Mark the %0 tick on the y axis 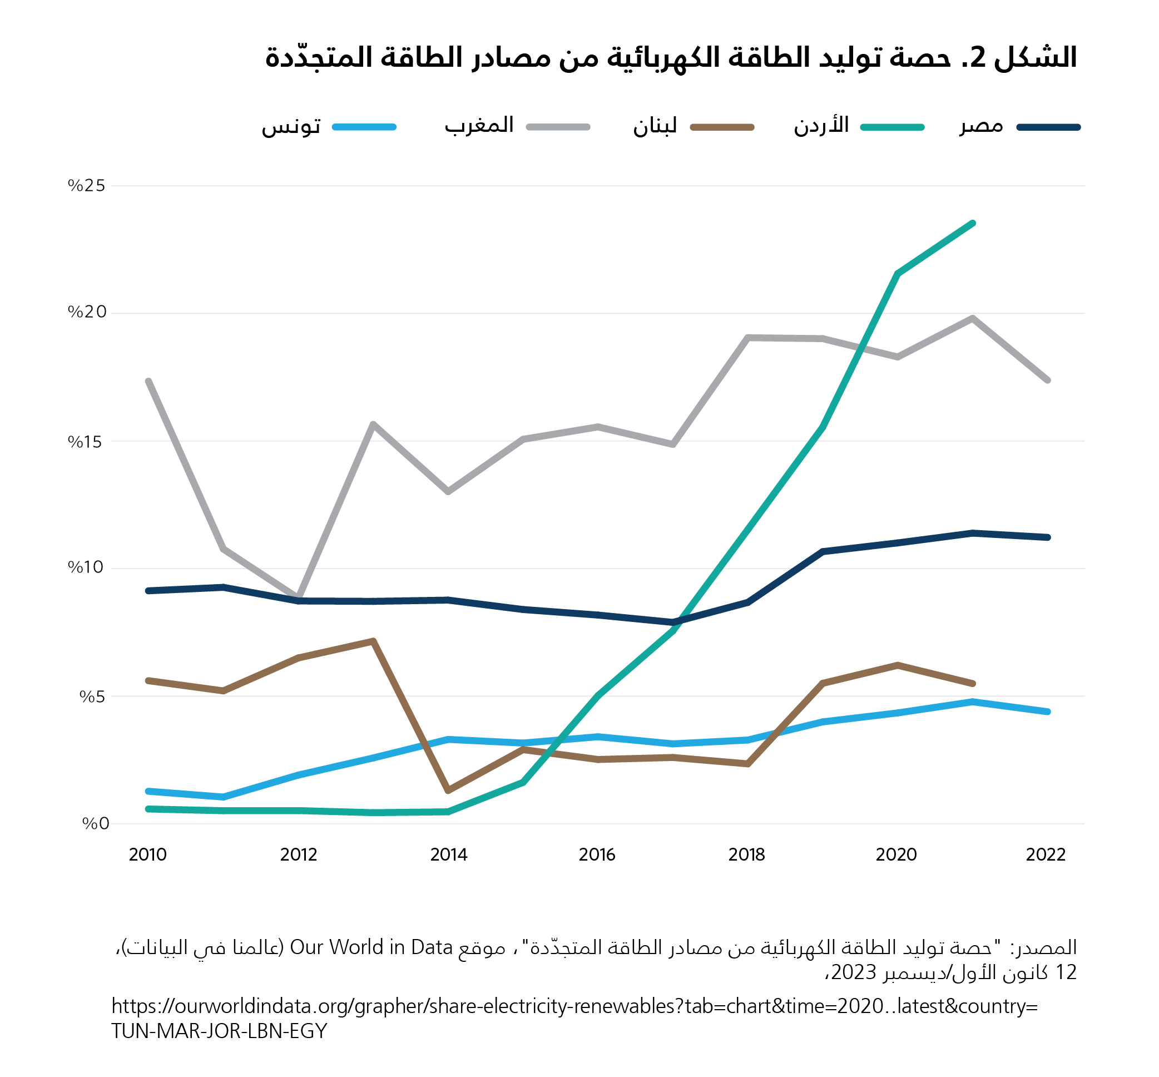coord(95,823)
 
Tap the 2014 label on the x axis coord(448,854)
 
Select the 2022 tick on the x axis coord(1046,854)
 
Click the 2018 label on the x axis coord(746,854)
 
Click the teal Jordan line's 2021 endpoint coord(973,223)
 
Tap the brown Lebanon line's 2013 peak coord(373,641)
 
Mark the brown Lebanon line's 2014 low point coord(448,791)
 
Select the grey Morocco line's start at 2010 coord(148,381)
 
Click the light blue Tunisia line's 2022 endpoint coord(1047,712)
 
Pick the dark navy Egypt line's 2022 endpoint coord(1047,537)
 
